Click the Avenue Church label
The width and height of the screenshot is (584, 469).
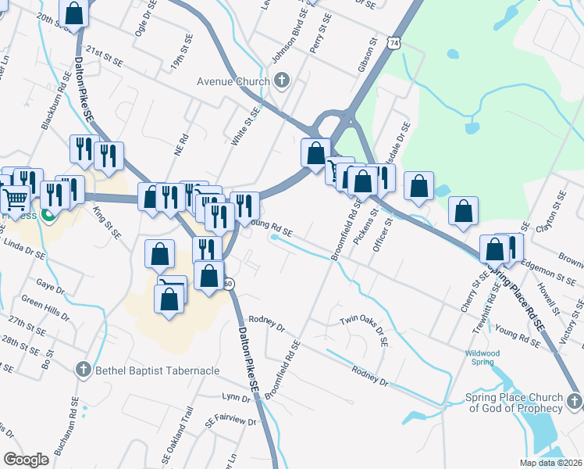[x=233, y=81]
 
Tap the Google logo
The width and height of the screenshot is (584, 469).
[x=26, y=460]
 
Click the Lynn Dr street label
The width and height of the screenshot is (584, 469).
[x=236, y=399]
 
